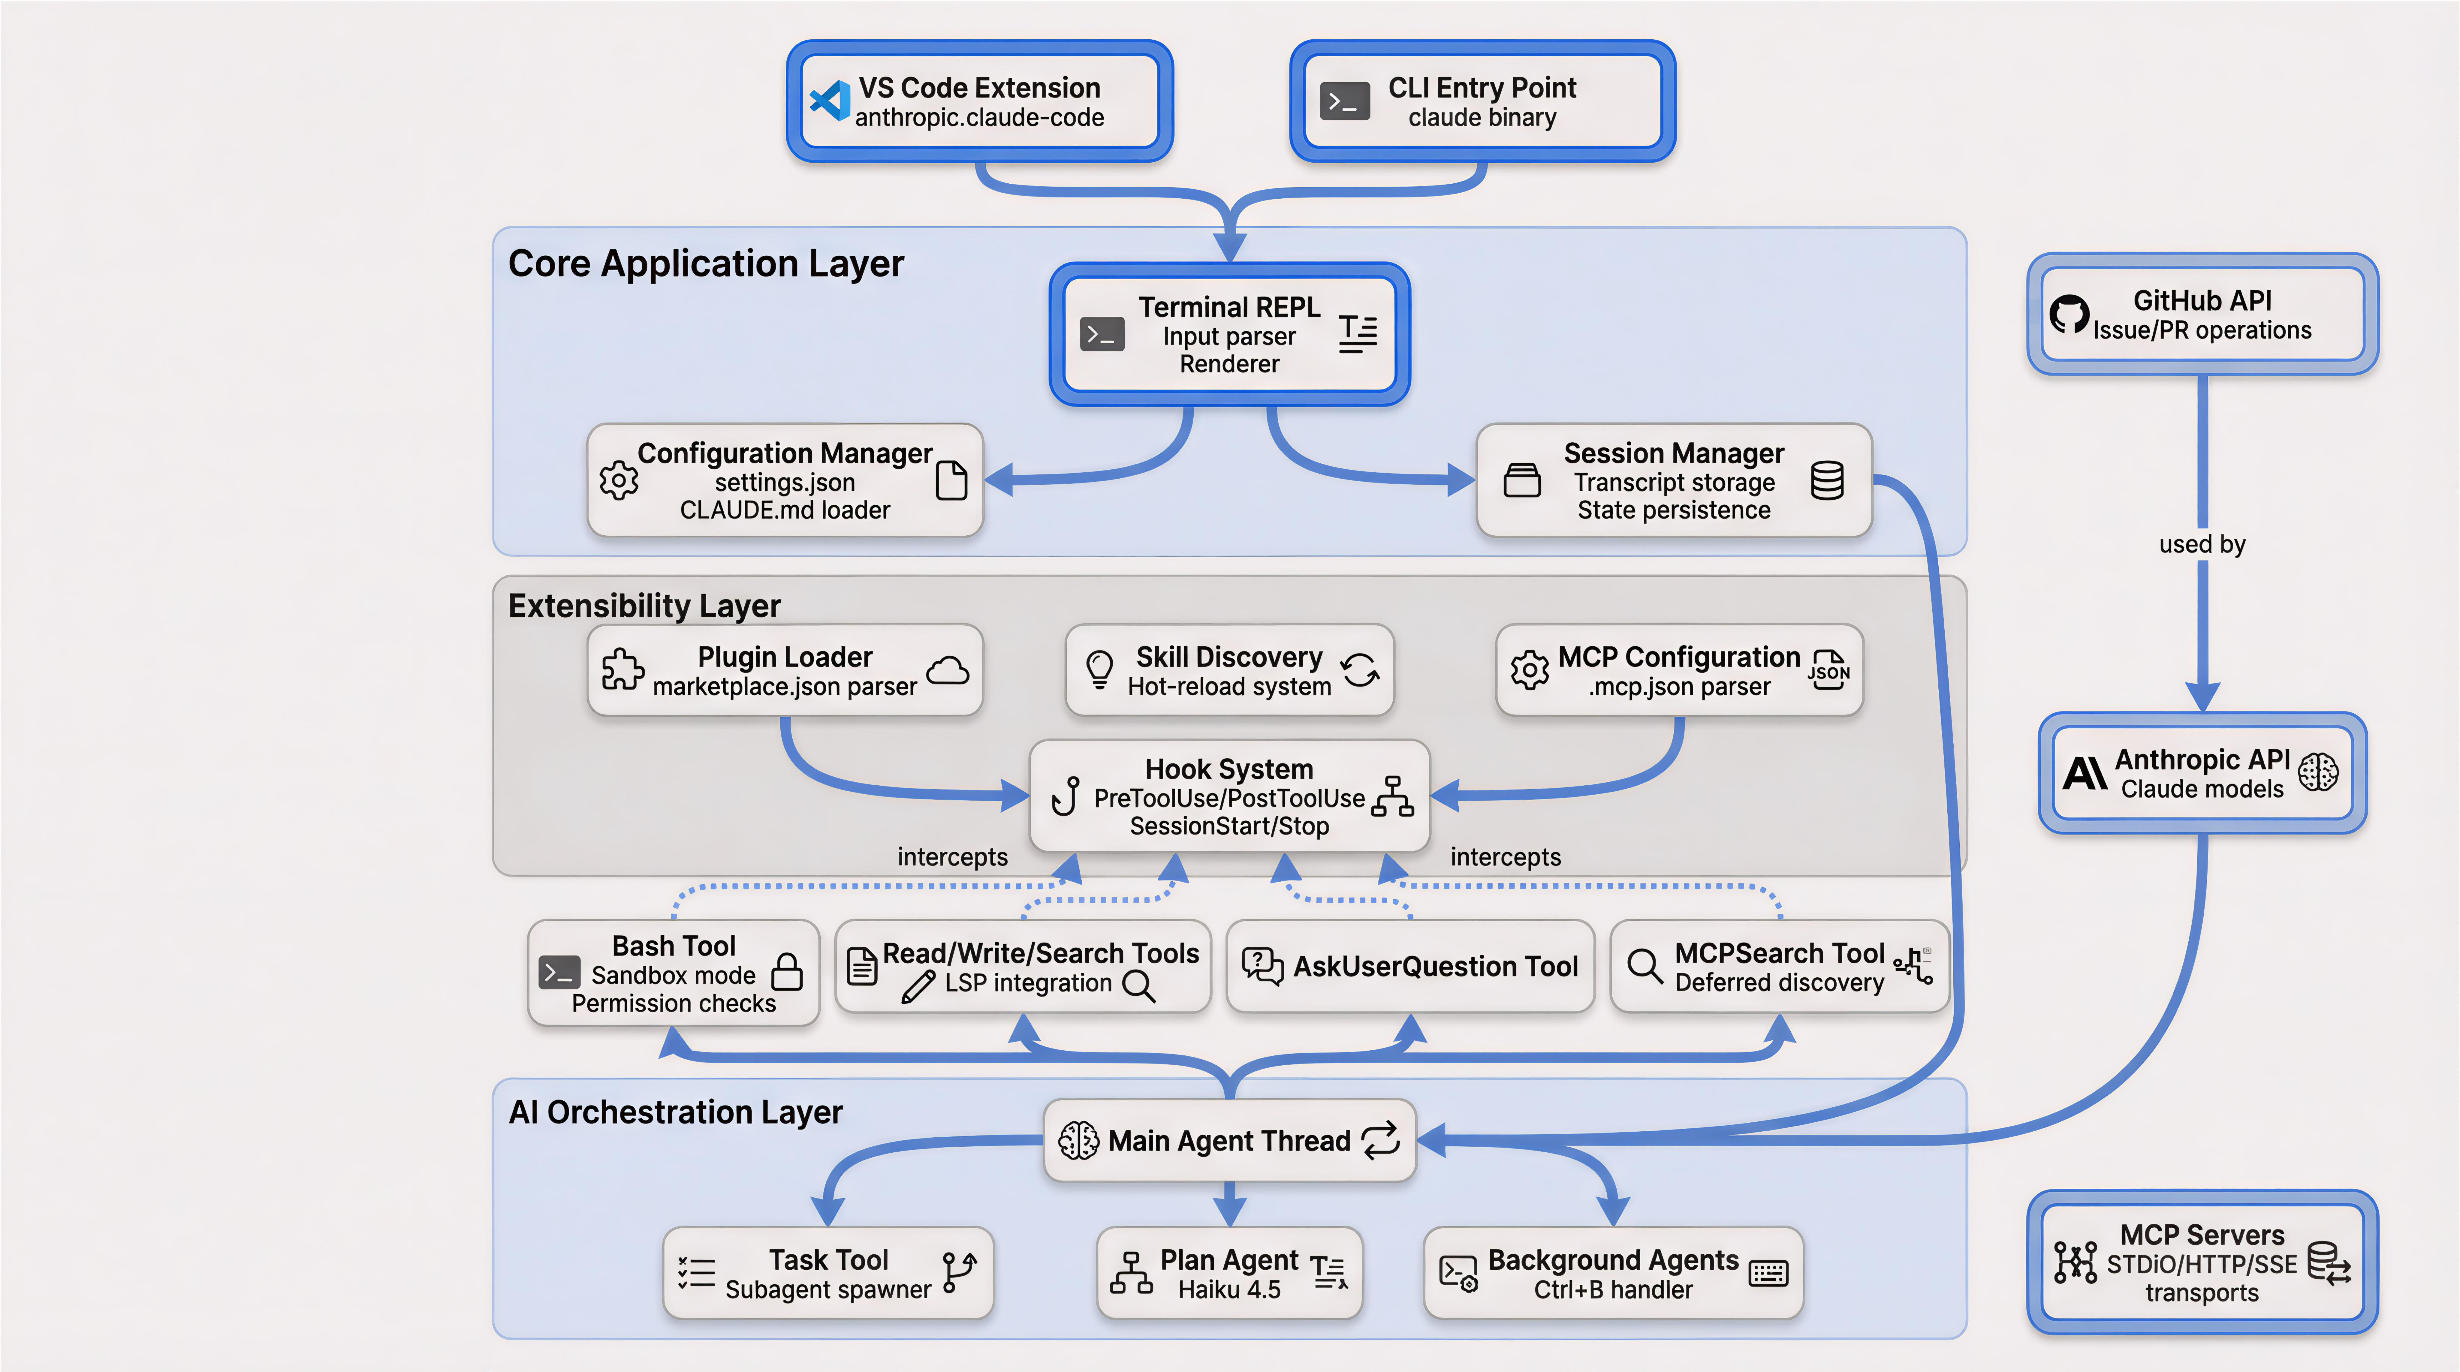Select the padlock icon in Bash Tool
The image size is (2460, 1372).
tap(787, 972)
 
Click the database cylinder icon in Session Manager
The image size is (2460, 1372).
tap(1827, 480)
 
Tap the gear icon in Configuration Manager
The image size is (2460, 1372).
tap(619, 480)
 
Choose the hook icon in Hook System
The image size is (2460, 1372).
tap(1066, 795)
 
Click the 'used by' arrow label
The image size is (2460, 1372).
tap(2202, 544)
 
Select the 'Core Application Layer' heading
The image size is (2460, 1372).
tap(706, 263)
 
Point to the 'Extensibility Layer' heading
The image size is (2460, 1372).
tap(645, 605)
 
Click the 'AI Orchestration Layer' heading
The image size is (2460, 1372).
tap(675, 1112)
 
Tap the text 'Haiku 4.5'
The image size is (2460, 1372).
tap(1229, 1290)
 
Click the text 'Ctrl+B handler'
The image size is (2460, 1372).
tap(1613, 1290)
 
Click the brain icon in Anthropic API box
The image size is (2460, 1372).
tap(2319, 772)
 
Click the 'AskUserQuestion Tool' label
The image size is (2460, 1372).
tap(1435, 966)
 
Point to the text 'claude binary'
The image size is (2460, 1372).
tap(1482, 117)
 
